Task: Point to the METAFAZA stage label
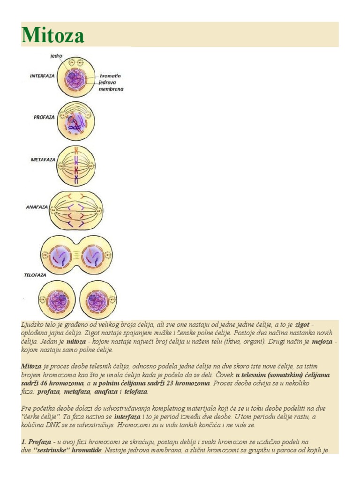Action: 43,160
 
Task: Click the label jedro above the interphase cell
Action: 56,55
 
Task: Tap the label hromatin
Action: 111,75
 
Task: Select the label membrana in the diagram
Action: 112,89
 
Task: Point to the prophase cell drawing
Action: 75,120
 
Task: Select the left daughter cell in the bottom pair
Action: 57,300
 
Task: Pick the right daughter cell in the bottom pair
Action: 97,300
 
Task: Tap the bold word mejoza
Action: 323,342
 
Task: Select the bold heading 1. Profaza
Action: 37,442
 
